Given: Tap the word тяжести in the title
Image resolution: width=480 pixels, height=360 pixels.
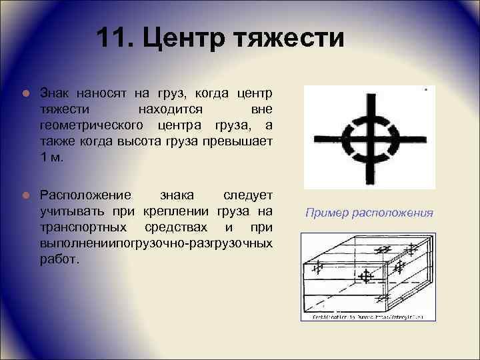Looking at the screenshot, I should coord(289,38).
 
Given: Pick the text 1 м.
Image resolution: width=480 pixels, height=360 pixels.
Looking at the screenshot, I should coord(53,157).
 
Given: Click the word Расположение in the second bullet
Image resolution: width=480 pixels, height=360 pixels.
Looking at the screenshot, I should coord(84,195).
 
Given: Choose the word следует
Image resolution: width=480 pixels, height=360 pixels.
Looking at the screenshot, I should coord(247,195).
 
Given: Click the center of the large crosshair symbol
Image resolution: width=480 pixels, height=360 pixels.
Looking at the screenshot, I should coord(369,137).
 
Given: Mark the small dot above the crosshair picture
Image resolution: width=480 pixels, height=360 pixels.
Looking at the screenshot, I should coord(425,88).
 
